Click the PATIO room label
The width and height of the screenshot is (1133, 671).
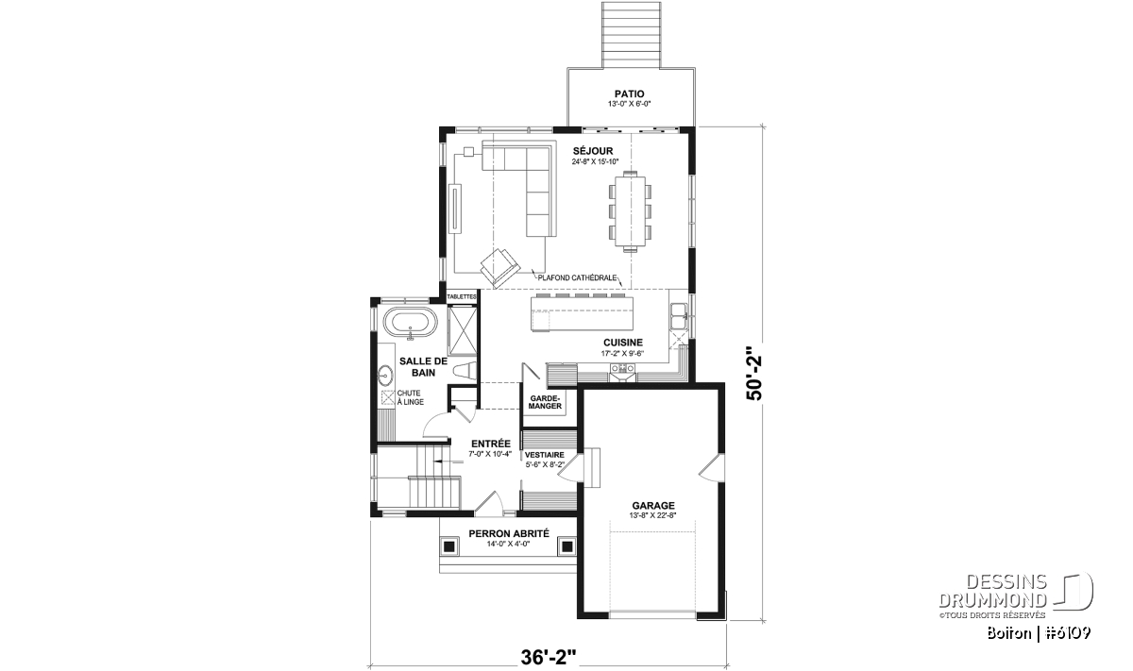[x=629, y=94]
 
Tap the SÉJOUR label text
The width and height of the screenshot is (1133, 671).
[x=593, y=151]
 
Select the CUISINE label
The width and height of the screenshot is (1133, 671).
[x=622, y=343]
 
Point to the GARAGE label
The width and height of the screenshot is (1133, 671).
[x=653, y=505]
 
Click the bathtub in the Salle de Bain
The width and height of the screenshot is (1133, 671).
[x=410, y=322]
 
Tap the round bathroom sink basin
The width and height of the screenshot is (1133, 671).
[x=385, y=376]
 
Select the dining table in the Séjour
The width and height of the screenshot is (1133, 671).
[x=631, y=211]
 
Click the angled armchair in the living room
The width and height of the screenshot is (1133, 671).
[x=499, y=267]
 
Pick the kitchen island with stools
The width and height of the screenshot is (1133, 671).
[x=582, y=311]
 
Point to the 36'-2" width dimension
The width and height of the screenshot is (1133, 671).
[x=549, y=658]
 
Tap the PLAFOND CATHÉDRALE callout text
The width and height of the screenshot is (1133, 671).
[x=577, y=277]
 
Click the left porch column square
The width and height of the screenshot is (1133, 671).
[x=448, y=546]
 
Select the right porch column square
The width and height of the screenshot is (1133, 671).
[x=567, y=546]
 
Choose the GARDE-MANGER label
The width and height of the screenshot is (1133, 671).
[x=546, y=402]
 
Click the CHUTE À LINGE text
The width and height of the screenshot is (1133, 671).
[x=410, y=397]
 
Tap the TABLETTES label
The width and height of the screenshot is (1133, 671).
[x=463, y=297]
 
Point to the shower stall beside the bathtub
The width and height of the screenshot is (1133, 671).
[x=463, y=330]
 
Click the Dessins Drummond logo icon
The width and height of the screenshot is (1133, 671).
[x=1073, y=592]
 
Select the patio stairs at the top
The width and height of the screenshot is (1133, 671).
[x=632, y=34]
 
